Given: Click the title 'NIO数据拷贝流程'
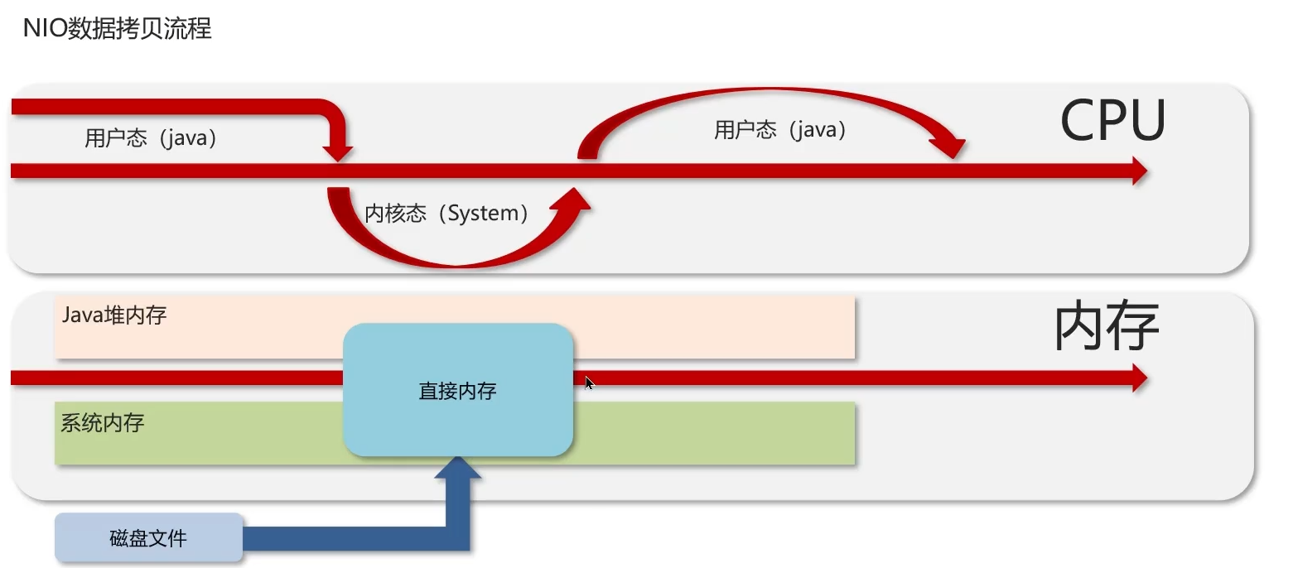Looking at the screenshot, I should (x=118, y=29).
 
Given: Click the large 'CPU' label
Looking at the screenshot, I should (x=1112, y=122).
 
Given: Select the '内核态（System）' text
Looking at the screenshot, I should (x=447, y=214).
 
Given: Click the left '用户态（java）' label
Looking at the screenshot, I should (x=151, y=137).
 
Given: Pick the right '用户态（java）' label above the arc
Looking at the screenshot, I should (x=780, y=129).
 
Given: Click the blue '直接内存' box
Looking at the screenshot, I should (x=457, y=390).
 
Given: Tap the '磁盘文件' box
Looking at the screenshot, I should (x=148, y=538).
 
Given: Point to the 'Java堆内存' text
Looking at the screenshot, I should (x=114, y=315).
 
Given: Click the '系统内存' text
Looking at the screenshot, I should (x=103, y=423).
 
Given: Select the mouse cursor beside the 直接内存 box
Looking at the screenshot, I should (x=588, y=383).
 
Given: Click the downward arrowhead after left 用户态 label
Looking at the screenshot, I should (x=337, y=152).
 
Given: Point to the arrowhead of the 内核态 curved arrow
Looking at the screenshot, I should (x=575, y=200).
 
